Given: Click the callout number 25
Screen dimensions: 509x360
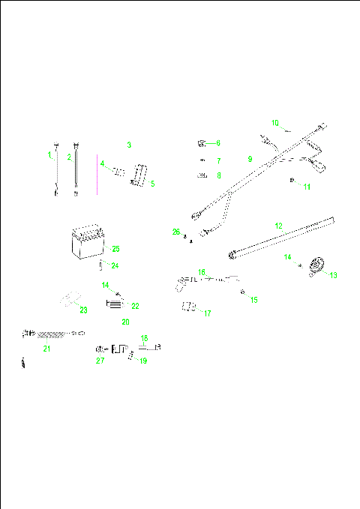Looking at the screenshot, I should (115, 248).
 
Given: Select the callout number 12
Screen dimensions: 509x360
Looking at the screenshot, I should (278, 226).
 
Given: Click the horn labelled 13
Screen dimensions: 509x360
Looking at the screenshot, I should (316, 265).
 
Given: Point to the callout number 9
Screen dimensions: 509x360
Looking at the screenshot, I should (250, 159).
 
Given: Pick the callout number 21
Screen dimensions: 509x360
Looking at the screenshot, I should (46, 348).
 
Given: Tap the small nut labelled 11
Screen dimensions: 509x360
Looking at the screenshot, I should (291, 180).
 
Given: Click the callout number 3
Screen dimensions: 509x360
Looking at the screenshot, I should (129, 145).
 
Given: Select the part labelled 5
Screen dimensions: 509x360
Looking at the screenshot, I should (139, 176).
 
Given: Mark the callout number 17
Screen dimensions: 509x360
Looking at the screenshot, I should (208, 313).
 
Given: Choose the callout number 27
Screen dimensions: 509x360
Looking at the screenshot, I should (100, 361).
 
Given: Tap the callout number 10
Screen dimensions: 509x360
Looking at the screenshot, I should (275, 122).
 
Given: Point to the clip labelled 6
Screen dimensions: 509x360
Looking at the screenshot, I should (202, 142).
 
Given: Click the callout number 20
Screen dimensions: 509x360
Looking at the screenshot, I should (125, 322).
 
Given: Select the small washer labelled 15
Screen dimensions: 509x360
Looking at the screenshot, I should (241, 292).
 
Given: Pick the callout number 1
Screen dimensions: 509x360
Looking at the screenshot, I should (50, 156).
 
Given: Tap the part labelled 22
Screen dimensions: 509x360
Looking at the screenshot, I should (115, 304).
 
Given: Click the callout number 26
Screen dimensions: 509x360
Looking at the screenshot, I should (176, 232).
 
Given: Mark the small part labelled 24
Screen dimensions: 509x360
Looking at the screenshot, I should (101, 265).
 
